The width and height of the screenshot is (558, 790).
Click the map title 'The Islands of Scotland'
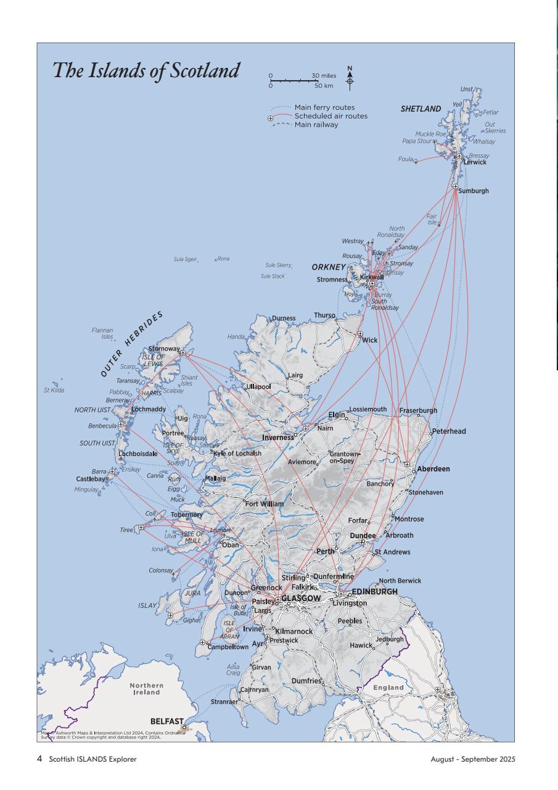pos(146,70)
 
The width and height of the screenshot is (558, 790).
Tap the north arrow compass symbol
pos(350,77)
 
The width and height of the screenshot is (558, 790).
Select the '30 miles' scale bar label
pos(324,76)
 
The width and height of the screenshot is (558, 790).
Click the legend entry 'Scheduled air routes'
pos(330,116)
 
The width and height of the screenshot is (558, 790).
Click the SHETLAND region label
pos(421,109)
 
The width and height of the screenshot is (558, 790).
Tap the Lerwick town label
pos(475,162)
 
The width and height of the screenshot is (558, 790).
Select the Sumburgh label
pos(473,191)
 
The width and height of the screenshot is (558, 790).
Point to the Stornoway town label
pos(163,349)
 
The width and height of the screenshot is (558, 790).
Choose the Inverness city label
pos(278,438)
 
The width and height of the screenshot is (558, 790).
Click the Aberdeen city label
pos(433,469)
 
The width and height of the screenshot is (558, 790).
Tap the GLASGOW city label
pos(301,599)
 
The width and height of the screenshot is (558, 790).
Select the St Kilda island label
pos(54,389)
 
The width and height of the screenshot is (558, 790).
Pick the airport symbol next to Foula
pos(416,162)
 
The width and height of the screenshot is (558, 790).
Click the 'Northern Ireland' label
pos(147,689)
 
